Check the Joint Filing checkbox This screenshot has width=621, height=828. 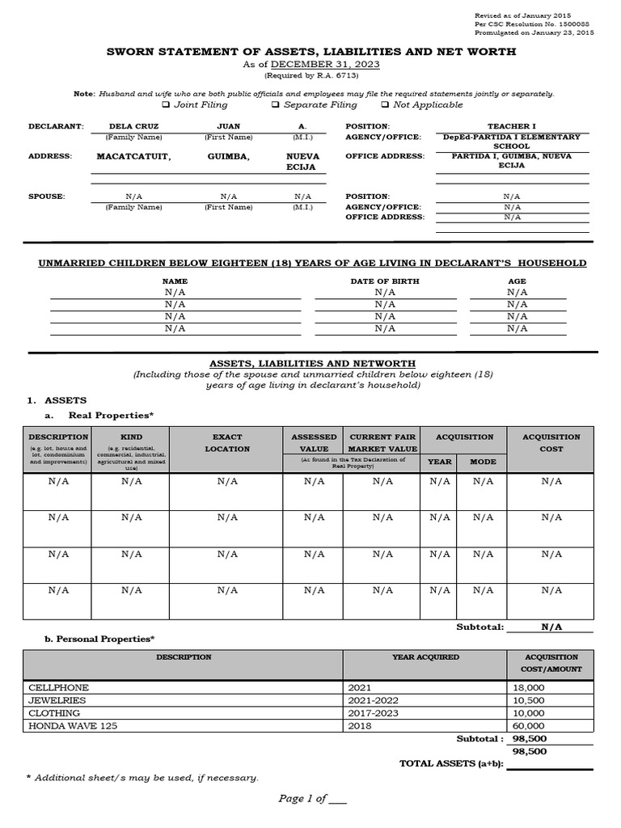click(166, 105)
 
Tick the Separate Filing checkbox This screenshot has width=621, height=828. click(276, 105)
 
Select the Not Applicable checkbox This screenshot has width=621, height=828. click(385, 105)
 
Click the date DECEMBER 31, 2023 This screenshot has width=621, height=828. click(325, 65)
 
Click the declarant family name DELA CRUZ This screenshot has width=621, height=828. click(133, 126)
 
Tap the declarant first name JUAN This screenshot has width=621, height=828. click(229, 126)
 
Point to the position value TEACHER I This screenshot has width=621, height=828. click(511, 126)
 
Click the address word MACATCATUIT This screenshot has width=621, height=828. click(133, 156)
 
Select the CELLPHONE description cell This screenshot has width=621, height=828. click(54, 686)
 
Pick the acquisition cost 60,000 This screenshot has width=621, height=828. click(529, 726)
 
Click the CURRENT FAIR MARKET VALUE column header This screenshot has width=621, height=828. click(382, 442)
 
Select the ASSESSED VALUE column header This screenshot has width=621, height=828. click(314, 442)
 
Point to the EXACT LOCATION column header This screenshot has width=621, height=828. click(227, 442)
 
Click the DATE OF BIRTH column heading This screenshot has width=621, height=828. click(385, 281)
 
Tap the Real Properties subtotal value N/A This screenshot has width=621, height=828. click(551, 627)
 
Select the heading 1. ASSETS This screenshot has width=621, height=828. click(57, 400)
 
